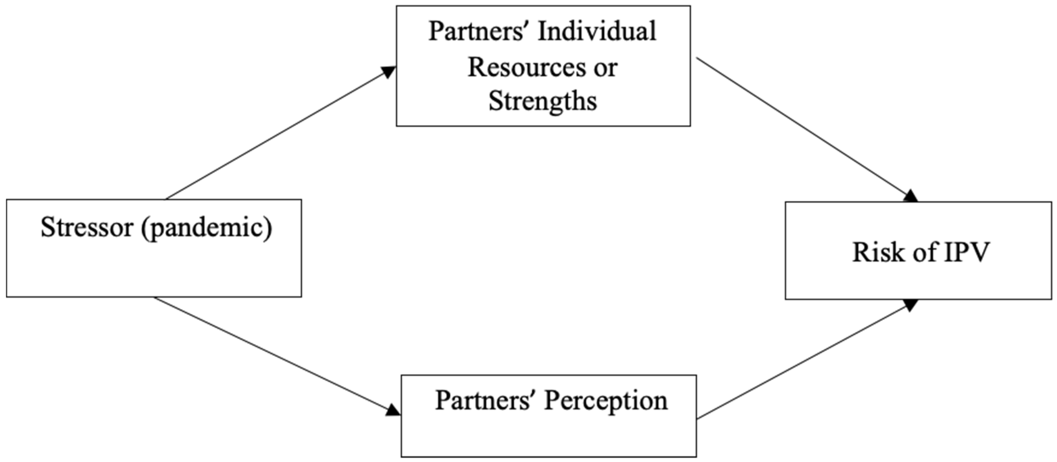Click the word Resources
coord(526,67)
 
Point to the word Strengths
coord(542,101)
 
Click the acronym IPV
coord(967,252)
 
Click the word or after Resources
coord(605,68)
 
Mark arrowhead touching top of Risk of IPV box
coord(911,196)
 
